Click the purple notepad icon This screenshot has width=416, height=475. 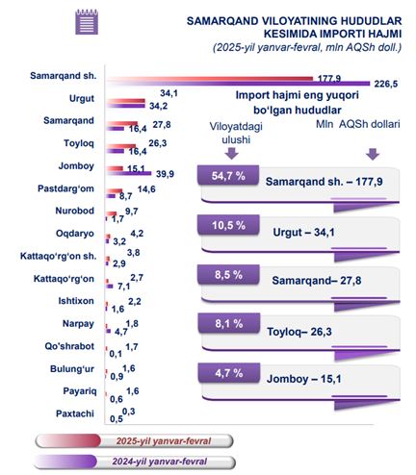(x=87, y=22)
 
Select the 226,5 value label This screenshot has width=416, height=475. (x=386, y=84)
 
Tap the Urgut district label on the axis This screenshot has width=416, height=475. (x=82, y=98)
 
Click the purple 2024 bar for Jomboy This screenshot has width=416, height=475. (x=129, y=173)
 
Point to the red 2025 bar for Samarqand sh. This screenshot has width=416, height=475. (x=210, y=79)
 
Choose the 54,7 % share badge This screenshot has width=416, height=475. (x=228, y=175)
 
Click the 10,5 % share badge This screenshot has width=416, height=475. (x=228, y=225)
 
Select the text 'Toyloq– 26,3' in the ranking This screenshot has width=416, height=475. (x=299, y=332)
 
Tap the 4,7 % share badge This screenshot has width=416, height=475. (x=229, y=373)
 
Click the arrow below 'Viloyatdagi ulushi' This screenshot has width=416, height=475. (x=231, y=153)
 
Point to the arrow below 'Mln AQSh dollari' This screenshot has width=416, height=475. (x=373, y=154)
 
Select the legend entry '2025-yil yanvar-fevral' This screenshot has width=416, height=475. (x=134, y=441)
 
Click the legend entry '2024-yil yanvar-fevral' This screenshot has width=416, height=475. (x=134, y=462)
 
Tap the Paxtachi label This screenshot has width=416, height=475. (x=75, y=413)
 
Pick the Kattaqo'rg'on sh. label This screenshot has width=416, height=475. (x=58, y=256)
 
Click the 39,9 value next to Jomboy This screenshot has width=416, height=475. (x=165, y=174)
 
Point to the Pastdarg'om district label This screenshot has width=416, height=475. (x=65, y=188)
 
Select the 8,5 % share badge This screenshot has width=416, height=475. (x=228, y=275)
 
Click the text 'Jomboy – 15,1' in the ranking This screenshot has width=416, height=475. (x=303, y=379)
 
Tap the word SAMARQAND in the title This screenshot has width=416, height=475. (x=222, y=21)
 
